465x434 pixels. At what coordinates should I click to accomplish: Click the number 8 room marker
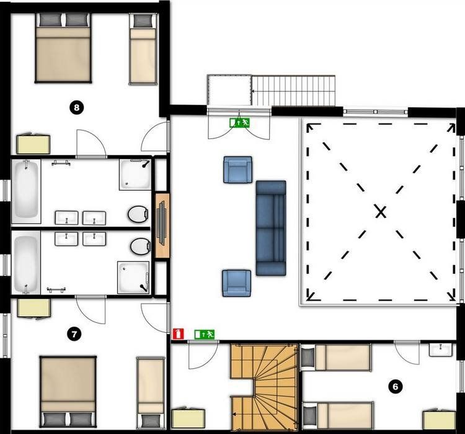pos(77,107)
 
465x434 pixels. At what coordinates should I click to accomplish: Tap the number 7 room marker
pos(74,335)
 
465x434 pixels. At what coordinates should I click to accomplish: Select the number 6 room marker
pos(395,387)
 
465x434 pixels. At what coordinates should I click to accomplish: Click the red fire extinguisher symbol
pos(178,333)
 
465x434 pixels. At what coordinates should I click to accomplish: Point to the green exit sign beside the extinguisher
pos(205,335)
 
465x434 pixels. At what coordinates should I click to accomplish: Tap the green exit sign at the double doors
pos(239,122)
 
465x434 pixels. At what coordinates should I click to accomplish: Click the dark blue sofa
pos(271,228)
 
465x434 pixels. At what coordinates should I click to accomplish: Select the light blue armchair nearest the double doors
pos(237,170)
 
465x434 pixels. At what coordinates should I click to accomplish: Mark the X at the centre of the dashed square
pos(381,212)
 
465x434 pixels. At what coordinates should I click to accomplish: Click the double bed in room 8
pos(63,48)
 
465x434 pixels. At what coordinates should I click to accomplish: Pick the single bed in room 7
pos(151,392)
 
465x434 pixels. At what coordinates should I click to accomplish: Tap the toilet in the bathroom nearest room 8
pos(138,214)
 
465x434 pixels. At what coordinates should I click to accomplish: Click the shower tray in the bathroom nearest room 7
pos(133,277)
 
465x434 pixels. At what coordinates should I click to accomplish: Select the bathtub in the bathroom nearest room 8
pos(26,192)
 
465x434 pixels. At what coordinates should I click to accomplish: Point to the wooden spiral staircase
pos(264,387)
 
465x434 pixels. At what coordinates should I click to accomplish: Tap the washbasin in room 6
pos(441,350)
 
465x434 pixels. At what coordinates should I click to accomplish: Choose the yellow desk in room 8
pos(33,145)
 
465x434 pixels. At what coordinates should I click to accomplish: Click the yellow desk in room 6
pos(439,420)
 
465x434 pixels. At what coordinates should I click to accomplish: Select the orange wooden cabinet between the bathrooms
pos(162,225)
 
